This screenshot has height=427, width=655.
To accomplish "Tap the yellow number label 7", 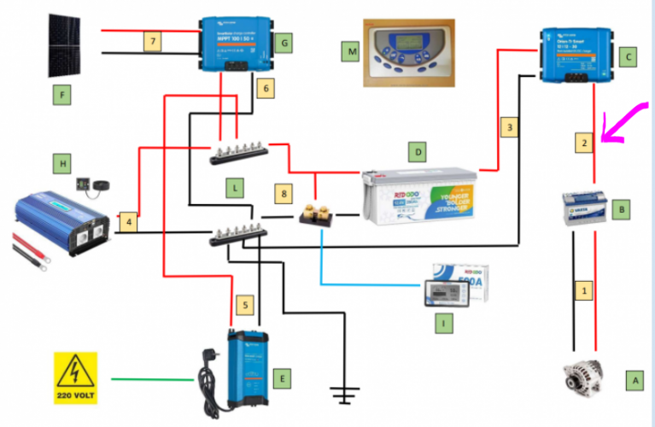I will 151,41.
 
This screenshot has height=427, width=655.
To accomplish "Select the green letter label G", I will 286,41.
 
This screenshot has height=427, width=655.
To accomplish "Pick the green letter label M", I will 350,53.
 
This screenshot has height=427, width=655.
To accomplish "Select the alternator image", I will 582,377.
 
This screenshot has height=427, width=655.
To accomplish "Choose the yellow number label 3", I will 510,127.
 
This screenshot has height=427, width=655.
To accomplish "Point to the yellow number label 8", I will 284,194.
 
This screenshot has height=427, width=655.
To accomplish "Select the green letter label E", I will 286,376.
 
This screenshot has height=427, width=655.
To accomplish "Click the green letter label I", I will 444,324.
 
